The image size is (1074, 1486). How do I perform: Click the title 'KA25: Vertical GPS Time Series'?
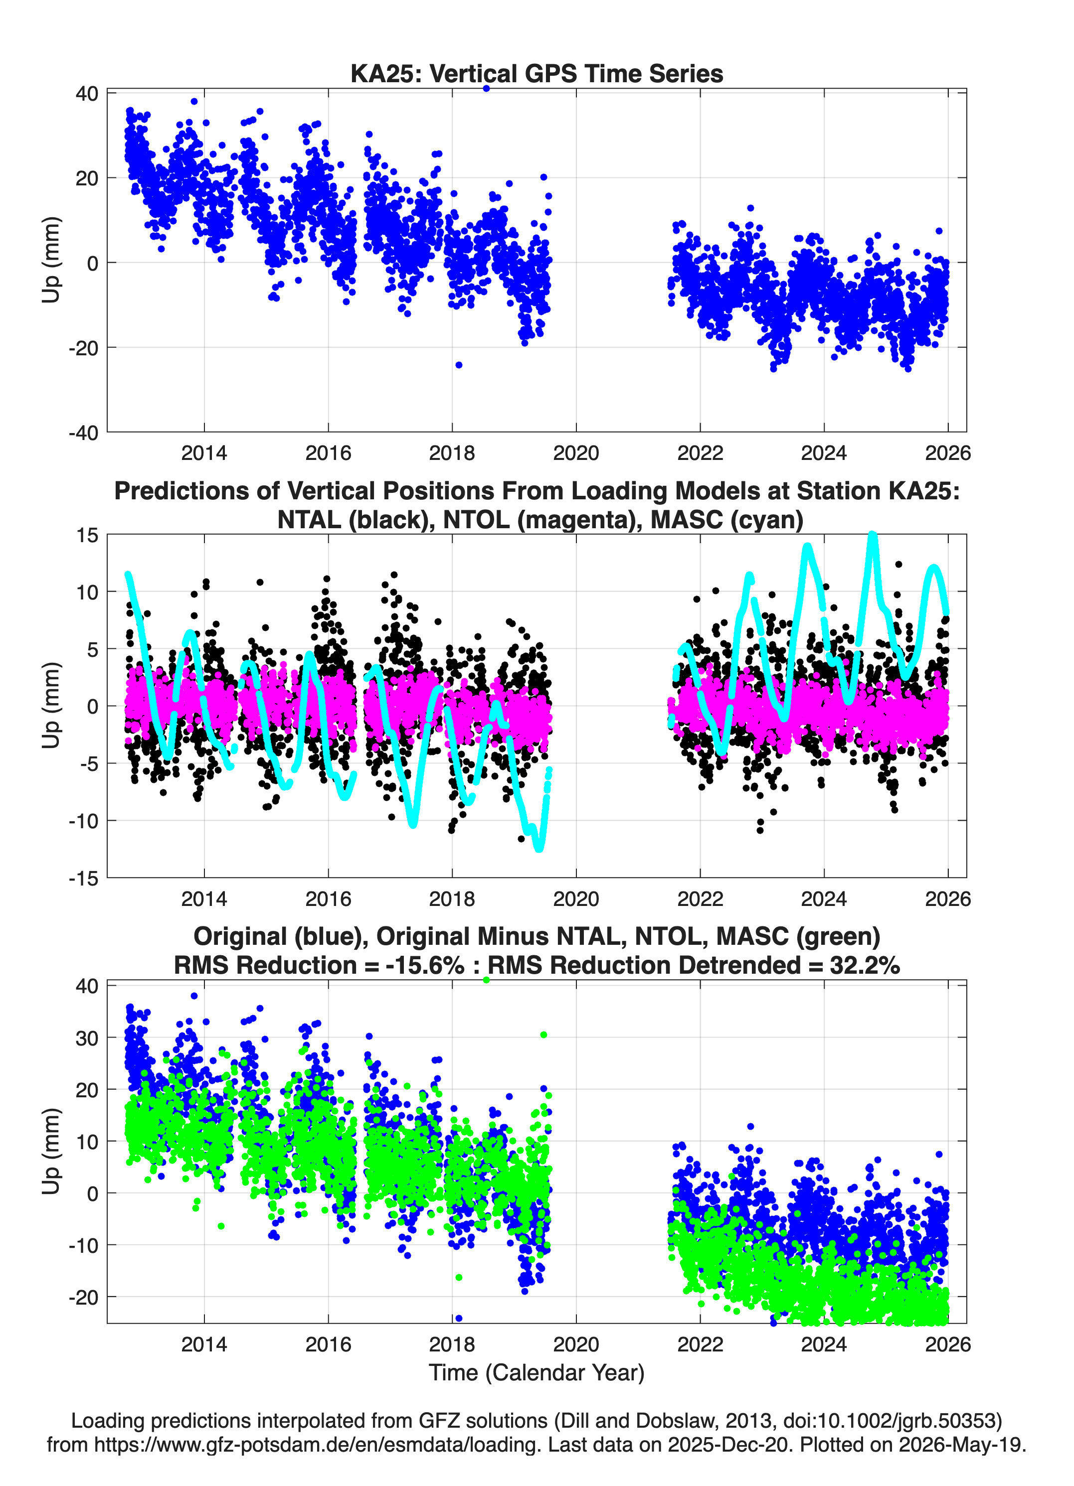pos(537,73)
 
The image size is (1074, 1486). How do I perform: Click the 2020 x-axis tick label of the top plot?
pos(576,453)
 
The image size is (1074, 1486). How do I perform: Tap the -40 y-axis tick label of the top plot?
pos(83,433)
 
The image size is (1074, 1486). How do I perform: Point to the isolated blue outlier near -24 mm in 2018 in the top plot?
pos(459,365)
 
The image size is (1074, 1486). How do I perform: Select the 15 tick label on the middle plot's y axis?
pos(87,535)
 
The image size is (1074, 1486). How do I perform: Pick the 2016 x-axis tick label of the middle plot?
pos(328,898)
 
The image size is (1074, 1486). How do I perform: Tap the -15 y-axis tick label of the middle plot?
pos(83,878)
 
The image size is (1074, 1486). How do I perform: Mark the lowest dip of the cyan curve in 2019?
pos(539,849)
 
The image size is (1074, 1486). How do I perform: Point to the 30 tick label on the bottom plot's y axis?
pos(87,1038)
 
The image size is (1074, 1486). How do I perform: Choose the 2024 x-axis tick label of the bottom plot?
pos(824,1344)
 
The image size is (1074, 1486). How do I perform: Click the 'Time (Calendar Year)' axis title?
pos(537,1373)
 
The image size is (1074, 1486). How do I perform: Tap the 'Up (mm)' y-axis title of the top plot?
pos(51,260)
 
